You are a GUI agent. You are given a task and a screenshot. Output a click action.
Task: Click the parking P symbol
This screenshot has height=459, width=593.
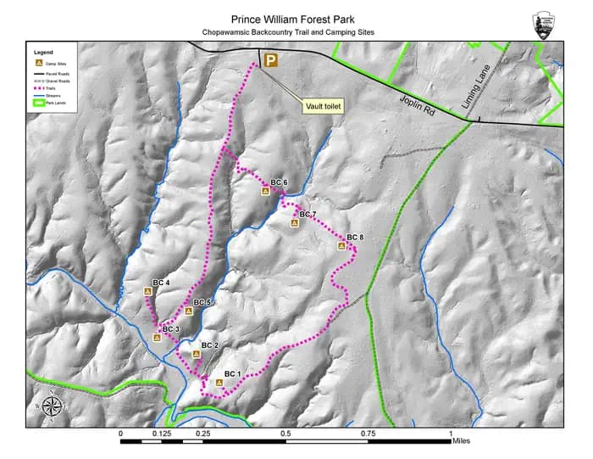click(271, 59)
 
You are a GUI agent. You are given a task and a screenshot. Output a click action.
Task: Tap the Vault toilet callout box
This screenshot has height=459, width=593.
click(322, 106)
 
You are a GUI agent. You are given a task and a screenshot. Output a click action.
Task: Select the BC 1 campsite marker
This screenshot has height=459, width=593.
click(219, 383)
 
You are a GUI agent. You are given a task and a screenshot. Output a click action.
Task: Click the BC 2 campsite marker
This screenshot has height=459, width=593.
click(196, 354)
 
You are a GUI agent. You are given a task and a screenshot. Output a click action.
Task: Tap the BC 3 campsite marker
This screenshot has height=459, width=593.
click(157, 337)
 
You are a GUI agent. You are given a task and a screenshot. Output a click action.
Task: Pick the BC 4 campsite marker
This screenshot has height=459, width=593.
click(148, 291)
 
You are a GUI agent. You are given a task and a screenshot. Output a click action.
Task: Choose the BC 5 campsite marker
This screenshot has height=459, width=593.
click(188, 311)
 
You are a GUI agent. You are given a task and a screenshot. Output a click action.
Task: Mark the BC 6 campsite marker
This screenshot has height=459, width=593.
click(265, 192)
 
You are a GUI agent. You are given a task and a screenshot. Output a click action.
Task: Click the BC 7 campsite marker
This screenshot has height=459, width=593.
click(295, 223)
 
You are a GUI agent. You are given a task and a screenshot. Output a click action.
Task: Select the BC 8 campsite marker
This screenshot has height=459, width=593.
click(342, 246)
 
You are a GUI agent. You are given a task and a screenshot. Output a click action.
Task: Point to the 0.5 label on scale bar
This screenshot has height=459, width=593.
click(285, 434)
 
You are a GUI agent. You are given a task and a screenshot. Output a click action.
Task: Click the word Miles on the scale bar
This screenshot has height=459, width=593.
click(461, 440)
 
